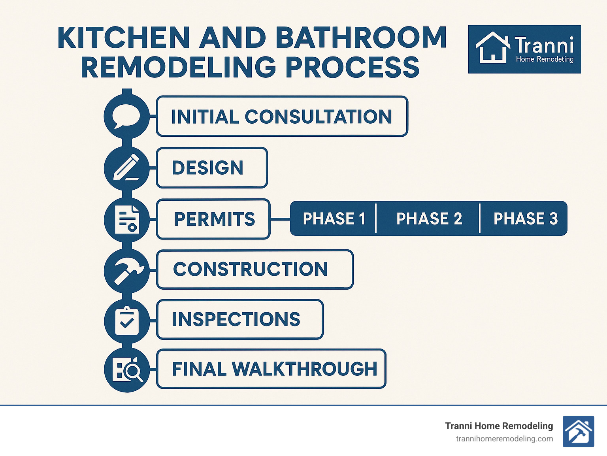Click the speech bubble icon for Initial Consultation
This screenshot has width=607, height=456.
coord(126,117)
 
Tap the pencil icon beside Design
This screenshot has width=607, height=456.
coord(126,168)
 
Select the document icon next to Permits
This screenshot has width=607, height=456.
coord(126,219)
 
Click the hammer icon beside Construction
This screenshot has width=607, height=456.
coord(126,271)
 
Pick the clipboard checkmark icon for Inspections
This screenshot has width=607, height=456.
coord(126,320)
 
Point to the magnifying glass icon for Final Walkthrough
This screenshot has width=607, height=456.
coord(127,370)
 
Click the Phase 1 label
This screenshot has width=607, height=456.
coord(334,219)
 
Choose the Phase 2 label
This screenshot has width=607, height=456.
coord(429,219)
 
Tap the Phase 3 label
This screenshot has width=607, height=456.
coord(525,219)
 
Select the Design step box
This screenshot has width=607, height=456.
coord(212,168)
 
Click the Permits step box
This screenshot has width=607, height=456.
coord(213,219)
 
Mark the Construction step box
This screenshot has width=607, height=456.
coord(254,269)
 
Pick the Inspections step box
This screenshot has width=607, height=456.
coord(239,319)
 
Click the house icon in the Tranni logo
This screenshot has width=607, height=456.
coord(492,48)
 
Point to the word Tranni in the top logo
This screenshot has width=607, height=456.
coord(544,45)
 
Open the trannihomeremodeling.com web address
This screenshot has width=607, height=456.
coord(504,439)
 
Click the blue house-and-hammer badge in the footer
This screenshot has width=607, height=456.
coord(578,432)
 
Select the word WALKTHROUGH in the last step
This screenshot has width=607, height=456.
coord(304,369)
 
